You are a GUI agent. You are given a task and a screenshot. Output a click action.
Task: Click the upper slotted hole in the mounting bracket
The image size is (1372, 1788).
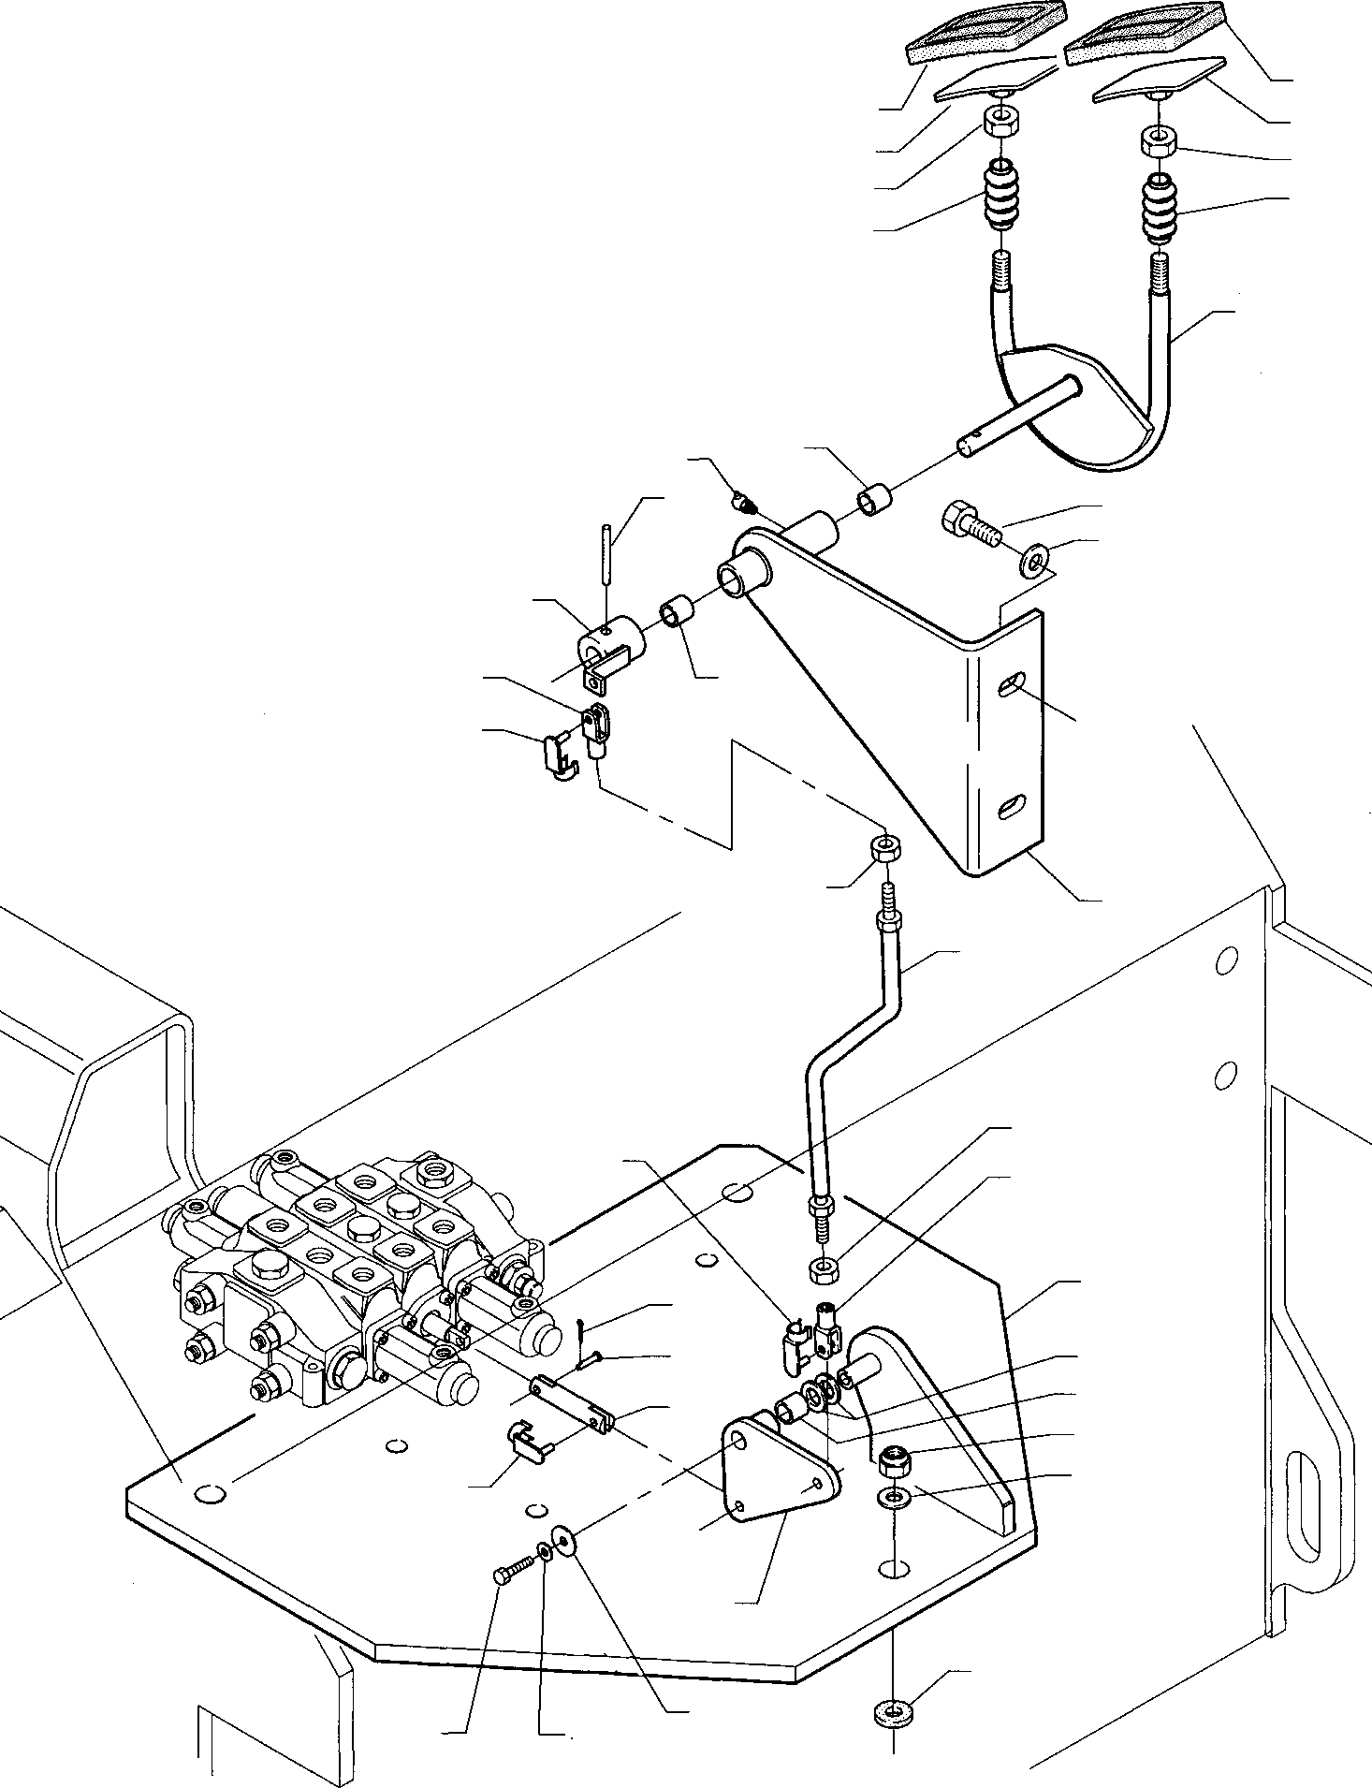(1011, 684)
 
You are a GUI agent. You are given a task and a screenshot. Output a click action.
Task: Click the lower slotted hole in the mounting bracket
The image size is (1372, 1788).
(1011, 806)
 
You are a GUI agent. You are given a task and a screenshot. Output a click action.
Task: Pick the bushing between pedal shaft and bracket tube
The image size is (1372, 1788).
(874, 497)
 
